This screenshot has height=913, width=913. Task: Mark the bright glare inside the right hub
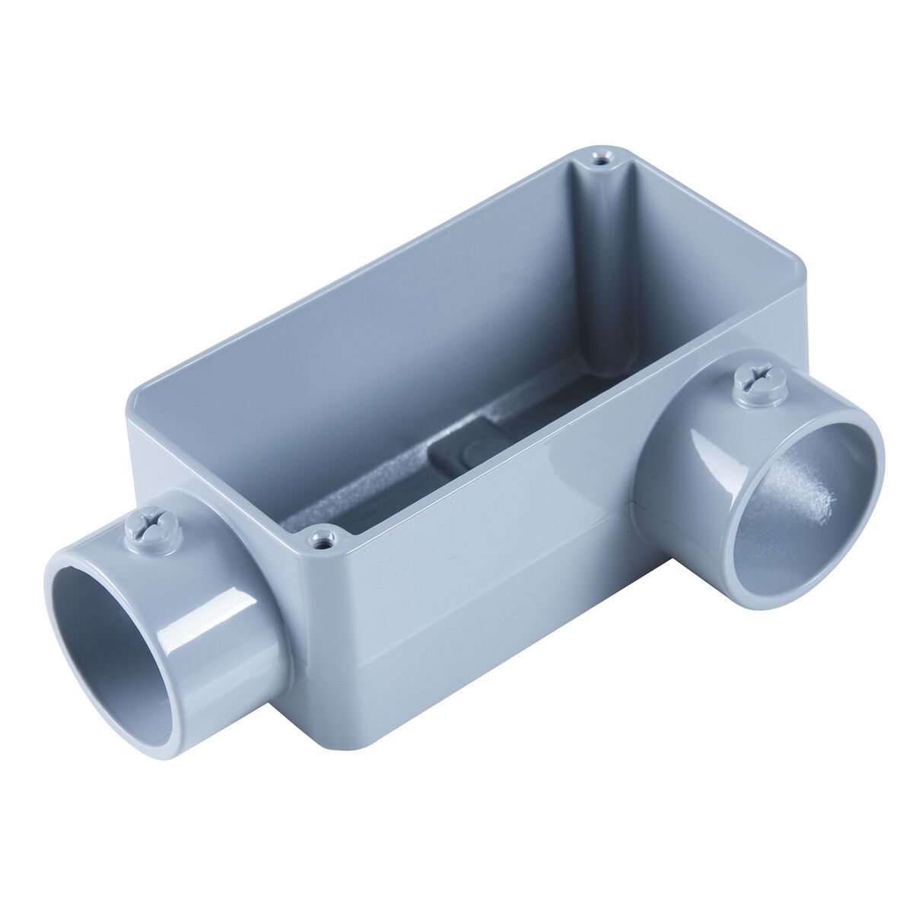point(822,502)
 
